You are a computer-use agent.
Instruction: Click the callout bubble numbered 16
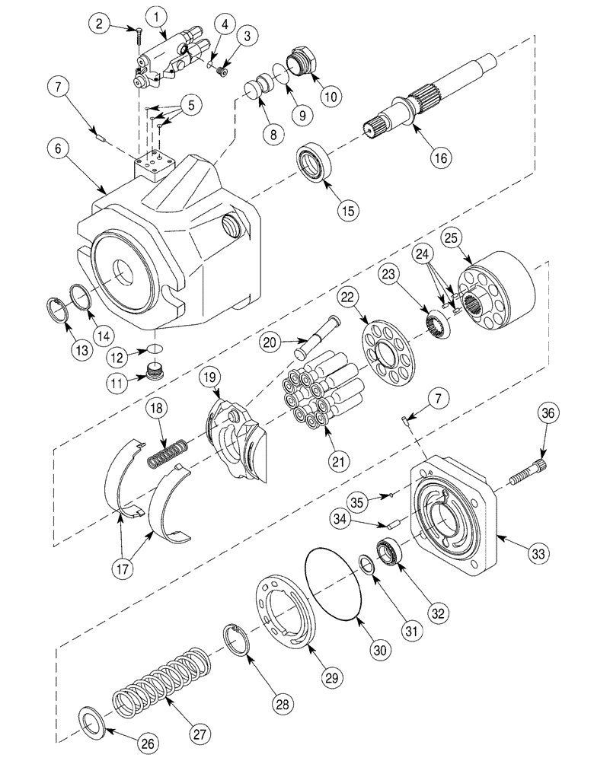point(441,158)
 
